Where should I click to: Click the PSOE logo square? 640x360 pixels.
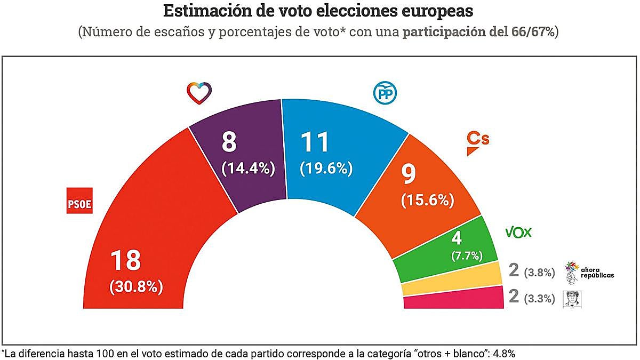[x=79, y=200]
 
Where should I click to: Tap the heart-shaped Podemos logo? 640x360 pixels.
[x=199, y=93]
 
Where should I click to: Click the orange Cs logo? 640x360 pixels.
[x=478, y=143]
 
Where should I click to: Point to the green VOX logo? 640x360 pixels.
[x=518, y=233]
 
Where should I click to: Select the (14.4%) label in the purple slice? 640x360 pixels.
[x=248, y=169]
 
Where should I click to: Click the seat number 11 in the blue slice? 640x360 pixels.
[x=315, y=142]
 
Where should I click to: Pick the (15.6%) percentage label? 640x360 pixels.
[x=427, y=200]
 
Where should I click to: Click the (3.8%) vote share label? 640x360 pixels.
[x=539, y=273]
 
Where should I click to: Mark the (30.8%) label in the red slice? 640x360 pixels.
[x=136, y=286]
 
